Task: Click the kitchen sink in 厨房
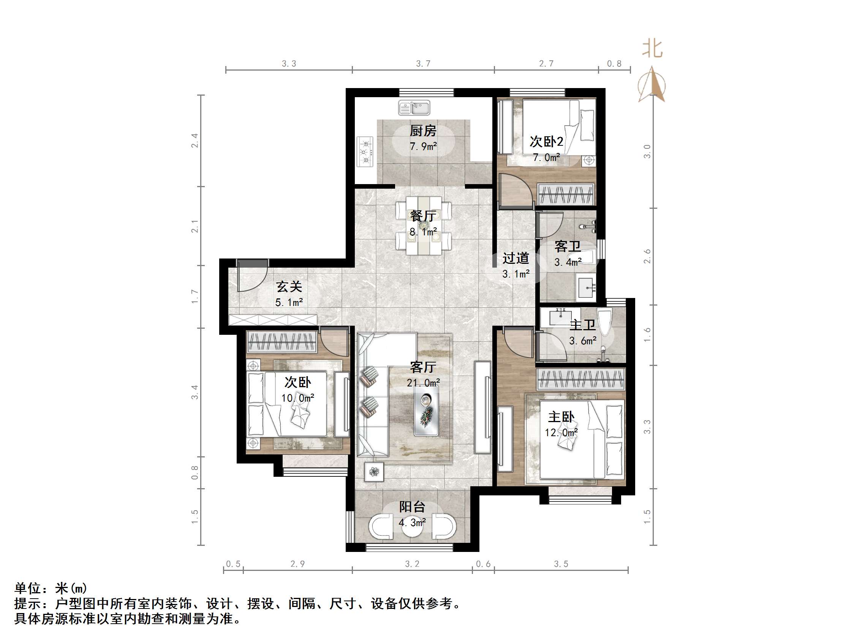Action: point(414,108)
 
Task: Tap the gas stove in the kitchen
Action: point(365,151)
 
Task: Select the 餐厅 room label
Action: point(423,216)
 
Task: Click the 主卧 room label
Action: point(561,417)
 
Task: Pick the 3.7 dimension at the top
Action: point(423,64)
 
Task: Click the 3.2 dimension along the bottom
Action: point(412,564)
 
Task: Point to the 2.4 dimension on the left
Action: point(195,140)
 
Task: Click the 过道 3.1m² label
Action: point(516,265)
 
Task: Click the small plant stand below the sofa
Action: point(374,471)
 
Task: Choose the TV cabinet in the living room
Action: point(482,407)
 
